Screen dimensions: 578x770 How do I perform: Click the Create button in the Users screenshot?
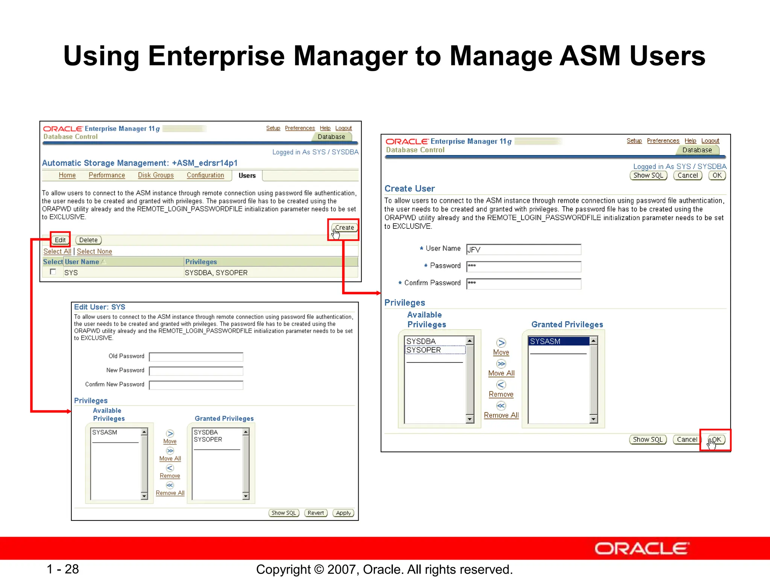(344, 228)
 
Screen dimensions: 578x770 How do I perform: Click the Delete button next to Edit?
(88, 240)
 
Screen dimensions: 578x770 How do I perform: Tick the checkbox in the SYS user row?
(53, 272)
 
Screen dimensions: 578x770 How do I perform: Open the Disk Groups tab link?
(156, 175)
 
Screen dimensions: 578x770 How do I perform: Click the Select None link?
(94, 251)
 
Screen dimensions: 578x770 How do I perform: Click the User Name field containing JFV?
(523, 249)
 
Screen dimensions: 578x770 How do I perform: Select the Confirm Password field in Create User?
(523, 283)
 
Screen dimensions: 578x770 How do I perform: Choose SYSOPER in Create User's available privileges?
(424, 350)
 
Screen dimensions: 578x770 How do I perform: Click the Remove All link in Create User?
(501, 415)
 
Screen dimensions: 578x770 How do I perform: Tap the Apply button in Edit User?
(343, 513)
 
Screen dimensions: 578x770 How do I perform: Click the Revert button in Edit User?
(316, 513)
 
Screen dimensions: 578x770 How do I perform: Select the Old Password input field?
(196, 357)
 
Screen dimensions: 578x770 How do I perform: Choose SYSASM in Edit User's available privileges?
(105, 432)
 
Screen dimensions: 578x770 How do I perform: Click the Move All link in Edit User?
(170, 458)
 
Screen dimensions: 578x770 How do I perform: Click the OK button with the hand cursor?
(717, 440)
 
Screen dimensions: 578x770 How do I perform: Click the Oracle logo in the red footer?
(641, 549)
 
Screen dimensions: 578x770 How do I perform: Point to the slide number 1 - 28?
(63, 569)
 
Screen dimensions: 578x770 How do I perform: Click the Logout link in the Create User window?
(710, 141)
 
